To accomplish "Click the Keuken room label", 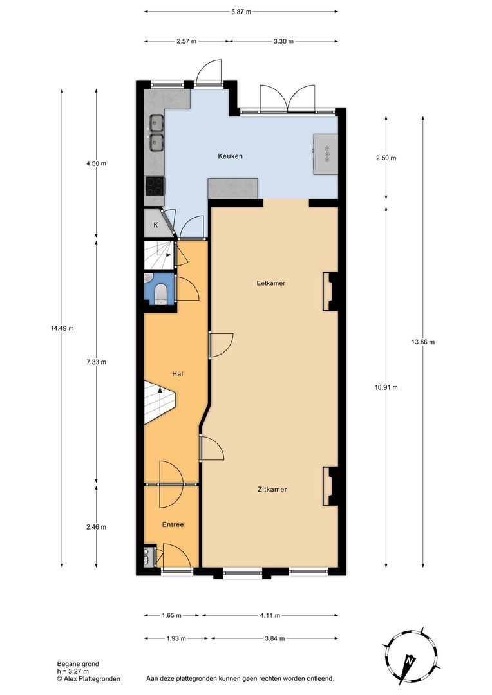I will (x=230, y=156).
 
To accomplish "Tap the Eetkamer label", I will (x=270, y=283).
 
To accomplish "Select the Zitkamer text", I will (x=270, y=489).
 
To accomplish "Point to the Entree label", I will (x=173, y=524).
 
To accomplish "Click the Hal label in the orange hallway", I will (x=177, y=373).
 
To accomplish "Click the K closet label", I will (x=155, y=225).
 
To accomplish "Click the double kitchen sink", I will (x=155, y=132).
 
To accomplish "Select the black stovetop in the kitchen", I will (x=155, y=186).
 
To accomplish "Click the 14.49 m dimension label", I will (x=62, y=328).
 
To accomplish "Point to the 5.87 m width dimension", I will (x=241, y=12).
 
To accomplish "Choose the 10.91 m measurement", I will (x=386, y=387).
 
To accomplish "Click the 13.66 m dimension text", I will (x=423, y=342).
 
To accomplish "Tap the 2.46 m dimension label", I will (x=96, y=526).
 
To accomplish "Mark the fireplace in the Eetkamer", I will (x=330, y=291).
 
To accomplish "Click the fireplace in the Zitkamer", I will (x=330, y=486).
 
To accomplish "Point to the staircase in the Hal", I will (x=158, y=402).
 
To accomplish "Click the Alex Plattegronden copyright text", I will (x=88, y=678).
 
